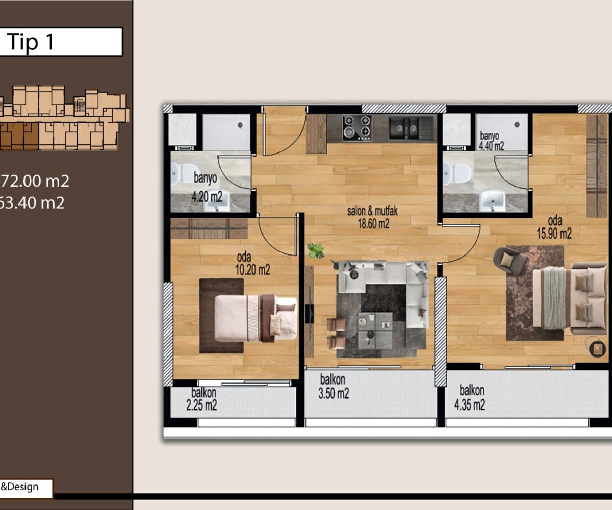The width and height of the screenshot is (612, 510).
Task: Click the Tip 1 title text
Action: click(x=30, y=42)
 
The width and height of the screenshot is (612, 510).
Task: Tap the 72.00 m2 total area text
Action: click(x=34, y=181)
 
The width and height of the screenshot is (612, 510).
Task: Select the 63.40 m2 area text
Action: click(x=32, y=202)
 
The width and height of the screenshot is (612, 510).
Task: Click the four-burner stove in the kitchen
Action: click(x=357, y=128)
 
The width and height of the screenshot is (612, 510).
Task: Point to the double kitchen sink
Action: click(x=406, y=128)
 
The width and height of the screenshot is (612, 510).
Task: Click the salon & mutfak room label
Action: click(x=372, y=211)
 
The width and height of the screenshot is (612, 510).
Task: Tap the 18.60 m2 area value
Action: click(x=373, y=224)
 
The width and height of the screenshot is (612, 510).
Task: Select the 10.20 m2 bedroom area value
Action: click(x=252, y=270)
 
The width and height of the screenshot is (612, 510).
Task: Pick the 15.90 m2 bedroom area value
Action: click(x=554, y=234)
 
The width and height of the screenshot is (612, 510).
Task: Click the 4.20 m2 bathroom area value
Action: click(x=207, y=197)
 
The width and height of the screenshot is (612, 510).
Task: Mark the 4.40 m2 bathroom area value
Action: click(x=492, y=146)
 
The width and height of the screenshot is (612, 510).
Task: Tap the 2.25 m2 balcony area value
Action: click(x=201, y=405)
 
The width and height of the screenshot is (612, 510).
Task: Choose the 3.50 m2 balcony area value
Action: click(x=334, y=394)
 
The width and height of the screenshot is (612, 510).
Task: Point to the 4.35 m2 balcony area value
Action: click(x=470, y=405)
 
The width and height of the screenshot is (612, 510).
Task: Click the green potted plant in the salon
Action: click(x=316, y=250)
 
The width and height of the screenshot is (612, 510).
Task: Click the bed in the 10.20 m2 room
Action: click(x=256, y=318)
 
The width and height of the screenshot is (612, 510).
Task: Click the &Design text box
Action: click(x=26, y=487)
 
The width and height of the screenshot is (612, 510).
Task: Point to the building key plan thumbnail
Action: click(x=64, y=118)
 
